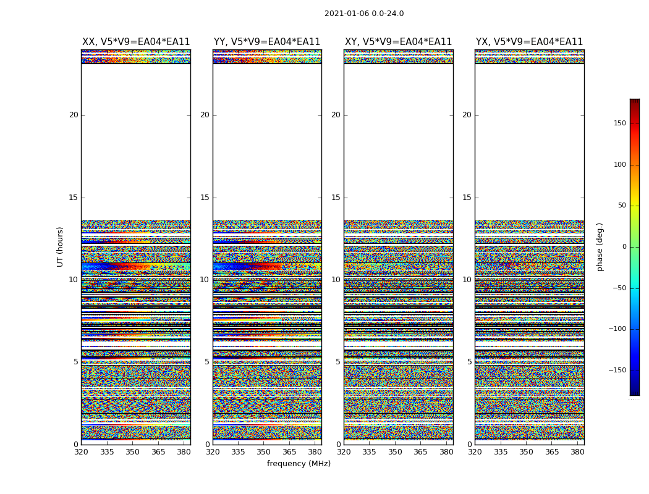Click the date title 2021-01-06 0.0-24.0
tap(364, 14)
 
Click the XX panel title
tap(136, 42)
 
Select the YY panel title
tap(267, 42)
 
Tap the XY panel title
tap(398, 42)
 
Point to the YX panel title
tap(529, 42)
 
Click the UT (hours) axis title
tap(61, 246)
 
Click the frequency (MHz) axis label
tap(299, 464)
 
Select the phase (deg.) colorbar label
tap(600, 247)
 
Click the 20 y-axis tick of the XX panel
tap(74, 115)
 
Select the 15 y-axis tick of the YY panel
tap(205, 198)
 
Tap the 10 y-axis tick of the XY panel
tap(336, 280)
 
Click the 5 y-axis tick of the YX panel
tap(469, 362)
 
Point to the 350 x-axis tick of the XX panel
tap(132, 452)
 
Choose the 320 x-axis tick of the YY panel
tap(213, 452)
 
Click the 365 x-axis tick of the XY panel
tap(420, 452)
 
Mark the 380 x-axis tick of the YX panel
tap(577, 452)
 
